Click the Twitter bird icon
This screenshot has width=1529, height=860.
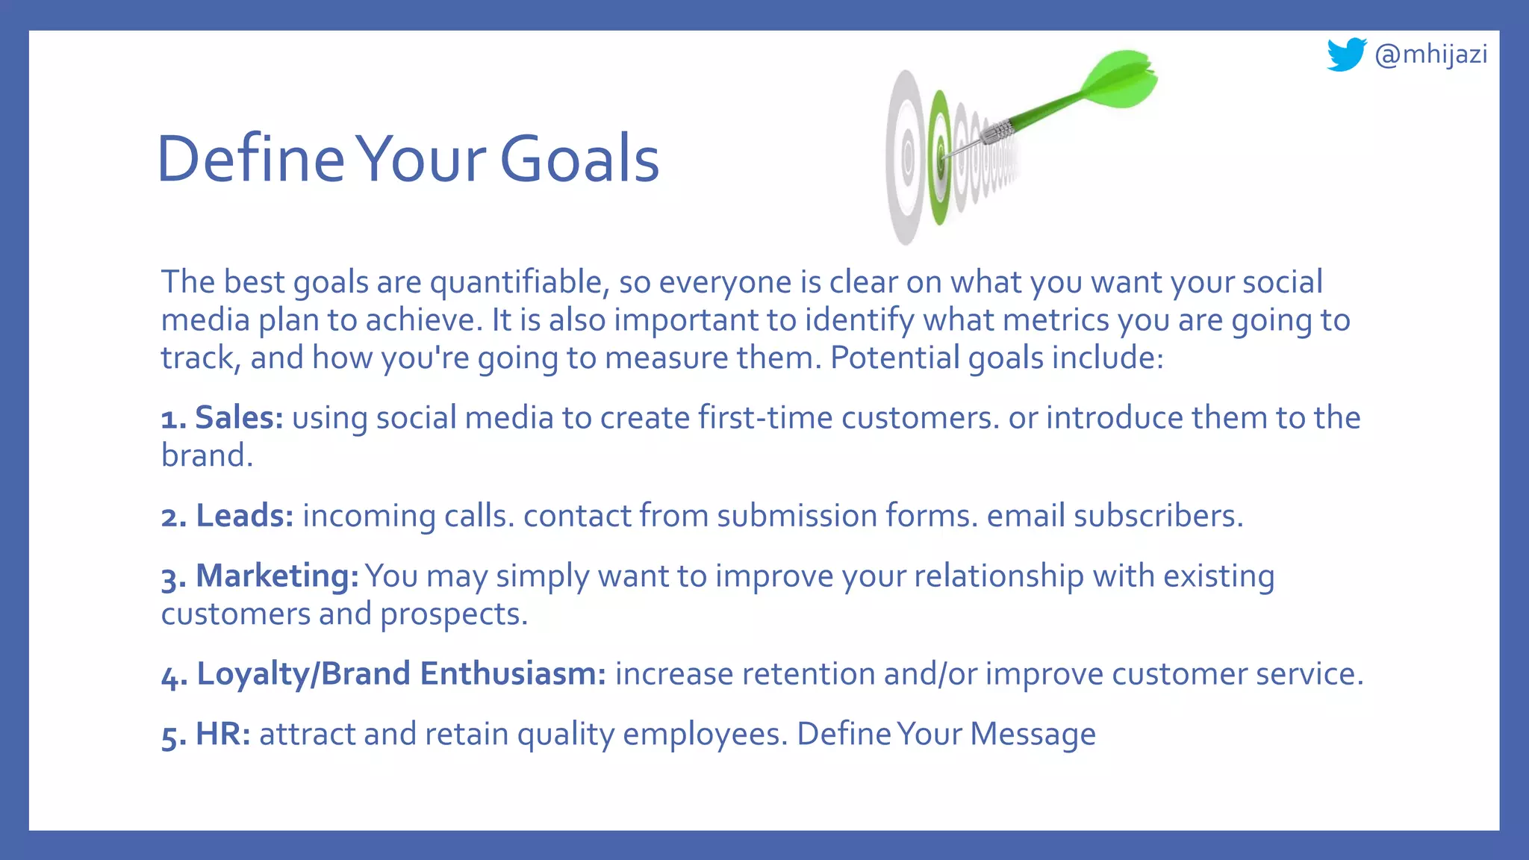(1345, 54)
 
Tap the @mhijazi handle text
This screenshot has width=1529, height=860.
(1430, 54)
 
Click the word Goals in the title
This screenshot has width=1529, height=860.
(579, 159)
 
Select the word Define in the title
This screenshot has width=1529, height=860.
(250, 159)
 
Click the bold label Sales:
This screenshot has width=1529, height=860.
(239, 417)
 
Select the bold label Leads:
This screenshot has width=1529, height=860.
(245, 516)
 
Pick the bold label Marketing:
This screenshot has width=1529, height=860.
(277, 576)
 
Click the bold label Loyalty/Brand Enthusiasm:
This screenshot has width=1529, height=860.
(401, 674)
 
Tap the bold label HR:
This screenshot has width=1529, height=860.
(222, 735)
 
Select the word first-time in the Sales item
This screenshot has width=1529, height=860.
(765, 417)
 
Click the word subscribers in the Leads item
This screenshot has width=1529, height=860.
(1158, 516)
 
